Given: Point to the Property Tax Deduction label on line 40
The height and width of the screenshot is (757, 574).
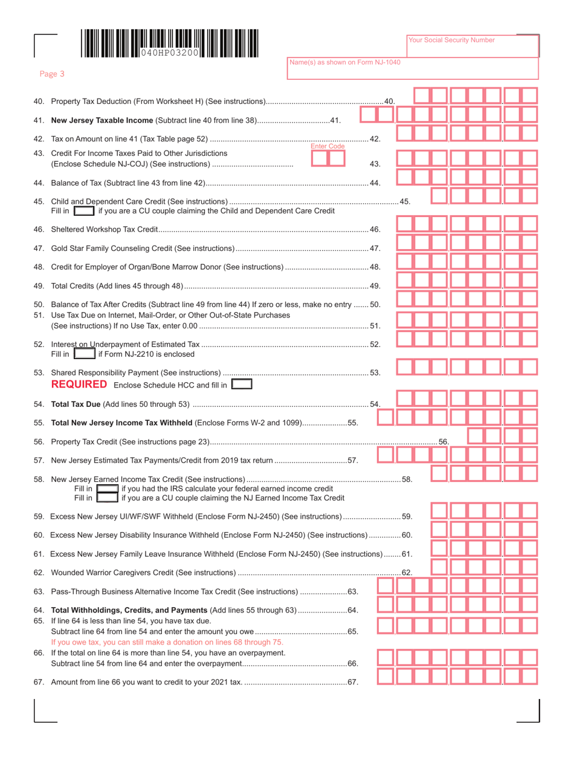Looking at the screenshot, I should click(97, 100).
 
